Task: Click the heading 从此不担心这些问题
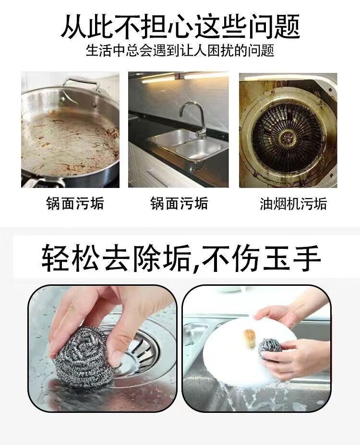point(180,26)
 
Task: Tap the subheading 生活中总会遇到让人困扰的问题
point(180,51)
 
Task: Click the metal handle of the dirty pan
point(81,85)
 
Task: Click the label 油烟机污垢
point(293,204)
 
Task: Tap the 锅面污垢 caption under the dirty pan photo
point(75,203)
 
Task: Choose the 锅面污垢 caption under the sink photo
point(180,203)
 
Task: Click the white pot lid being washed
point(250,352)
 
